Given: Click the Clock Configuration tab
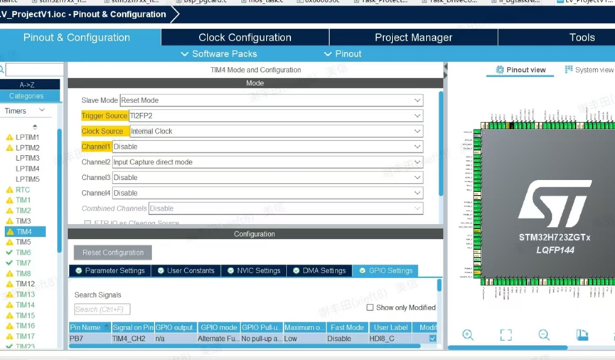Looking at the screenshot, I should pyautogui.click(x=245, y=38).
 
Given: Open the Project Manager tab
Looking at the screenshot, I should pyautogui.click(x=413, y=38).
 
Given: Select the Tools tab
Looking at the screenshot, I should pyautogui.click(x=582, y=38).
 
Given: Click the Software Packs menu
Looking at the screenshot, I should pyautogui.click(x=219, y=54).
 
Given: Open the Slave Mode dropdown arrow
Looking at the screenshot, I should pyautogui.click(x=417, y=100).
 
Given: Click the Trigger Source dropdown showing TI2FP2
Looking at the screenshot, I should pyautogui.click(x=276, y=116).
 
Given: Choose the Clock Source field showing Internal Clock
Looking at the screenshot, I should pyautogui.click(x=276, y=132).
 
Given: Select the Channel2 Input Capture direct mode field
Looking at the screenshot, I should pyautogui.click(x=267, y=162).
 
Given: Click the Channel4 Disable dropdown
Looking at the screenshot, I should pyautogui.click(x=267, y=193).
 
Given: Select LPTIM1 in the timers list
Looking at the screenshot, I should pyautogui.click(x=28, y=137).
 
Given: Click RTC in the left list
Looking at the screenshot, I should pyautogui.click(x=23, y=190).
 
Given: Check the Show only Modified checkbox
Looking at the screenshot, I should pyautogui.click(x=370, y=308).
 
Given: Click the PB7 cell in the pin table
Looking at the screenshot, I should pyautogui.click(x=85, y=339).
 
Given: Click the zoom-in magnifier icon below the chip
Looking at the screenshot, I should pyautogui.click(x=468, y=335).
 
